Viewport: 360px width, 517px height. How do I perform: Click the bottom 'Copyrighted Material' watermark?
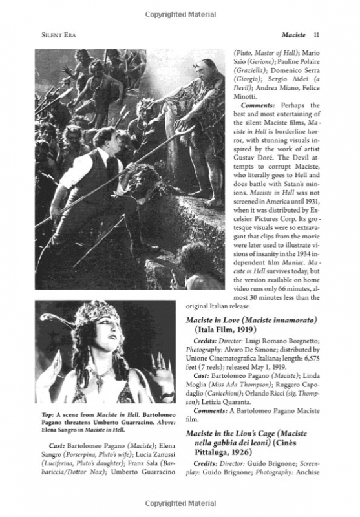coord(179,503)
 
